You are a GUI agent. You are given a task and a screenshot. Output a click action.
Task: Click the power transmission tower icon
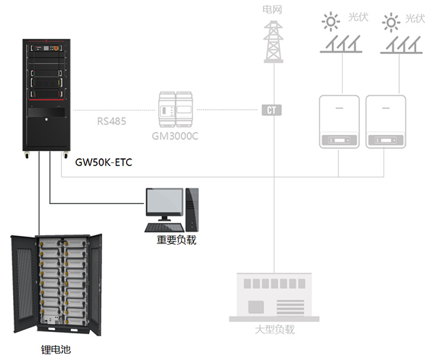(x=273, y=40)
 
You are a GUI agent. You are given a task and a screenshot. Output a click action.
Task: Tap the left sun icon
(x=330, y=22)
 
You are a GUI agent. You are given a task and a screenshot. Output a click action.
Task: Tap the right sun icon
(x=391, y=22)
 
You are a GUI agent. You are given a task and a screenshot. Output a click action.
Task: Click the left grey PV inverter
(x=339, y=121)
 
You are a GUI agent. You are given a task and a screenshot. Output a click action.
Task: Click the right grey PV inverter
(x=386, y=121)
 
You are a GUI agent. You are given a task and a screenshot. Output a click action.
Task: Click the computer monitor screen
(x=164, y=203)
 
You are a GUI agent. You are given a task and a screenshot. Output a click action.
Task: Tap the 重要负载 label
(x=176, y=239)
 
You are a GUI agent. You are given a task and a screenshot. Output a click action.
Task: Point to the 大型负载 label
(x=274, y=330)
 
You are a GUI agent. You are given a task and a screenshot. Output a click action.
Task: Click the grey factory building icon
(x=274, y=297)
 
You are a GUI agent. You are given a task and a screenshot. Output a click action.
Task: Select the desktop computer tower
(x=193, y=209)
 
